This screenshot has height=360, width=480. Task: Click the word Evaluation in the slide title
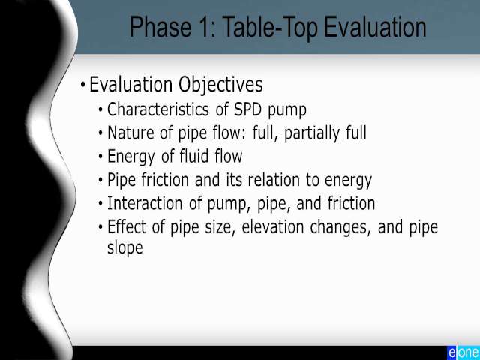point(375,27)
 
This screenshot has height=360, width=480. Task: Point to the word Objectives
point(220,85)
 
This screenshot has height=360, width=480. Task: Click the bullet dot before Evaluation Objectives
point(83,84)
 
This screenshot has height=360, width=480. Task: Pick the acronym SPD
point(248,109)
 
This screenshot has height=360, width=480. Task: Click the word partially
point(312,134)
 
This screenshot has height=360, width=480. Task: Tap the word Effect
point(127,226)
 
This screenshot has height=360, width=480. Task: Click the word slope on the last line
point(125,248)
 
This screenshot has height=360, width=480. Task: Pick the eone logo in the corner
point(463,352)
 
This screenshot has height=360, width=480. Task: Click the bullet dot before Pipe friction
point(100,180)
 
